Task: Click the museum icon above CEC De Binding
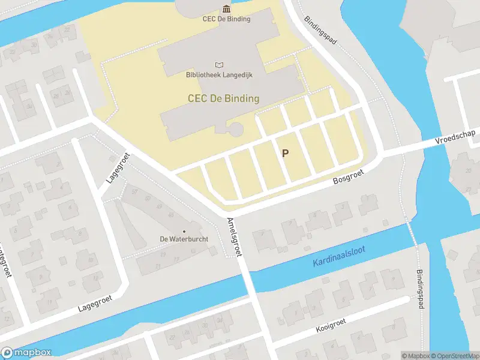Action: pos(226,8)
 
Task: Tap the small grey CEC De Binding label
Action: pos(226,19)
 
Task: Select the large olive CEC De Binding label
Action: pos(223,98)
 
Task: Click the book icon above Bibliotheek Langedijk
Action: pos(219,65)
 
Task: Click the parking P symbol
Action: pos(285,153)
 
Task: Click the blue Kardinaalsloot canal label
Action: pos(339,257)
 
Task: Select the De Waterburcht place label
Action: pos(184,239)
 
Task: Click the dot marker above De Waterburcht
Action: pos(184,231)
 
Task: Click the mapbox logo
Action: pos(26,353)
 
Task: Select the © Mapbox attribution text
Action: pos(416,356)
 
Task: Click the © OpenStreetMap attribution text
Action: pos(454,356)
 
